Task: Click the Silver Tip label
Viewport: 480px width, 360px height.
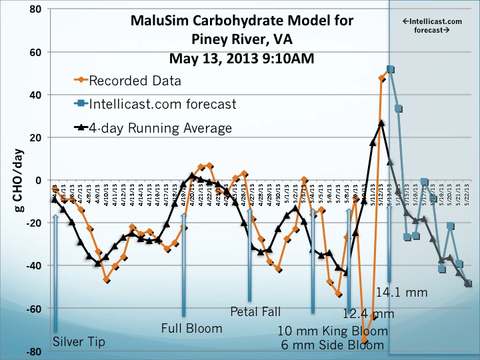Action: (79, 343)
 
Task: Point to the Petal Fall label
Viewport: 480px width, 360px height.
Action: (256, 311)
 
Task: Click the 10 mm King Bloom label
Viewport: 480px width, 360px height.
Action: (331, 331)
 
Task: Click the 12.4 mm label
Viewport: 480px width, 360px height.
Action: (369, 313)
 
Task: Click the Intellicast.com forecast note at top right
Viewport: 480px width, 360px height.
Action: (434, 25)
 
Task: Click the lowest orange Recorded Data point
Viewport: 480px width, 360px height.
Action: (365, 341)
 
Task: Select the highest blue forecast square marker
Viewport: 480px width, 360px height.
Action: (390, 69)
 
